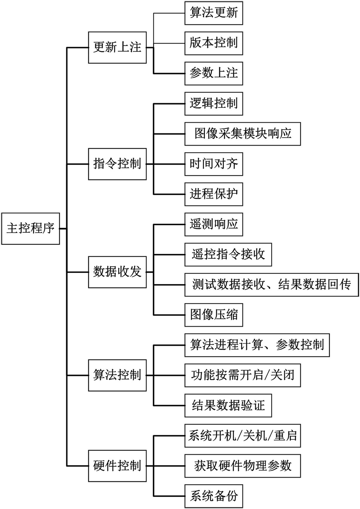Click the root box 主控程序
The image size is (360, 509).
point(30,229)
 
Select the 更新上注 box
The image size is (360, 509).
point(117,47)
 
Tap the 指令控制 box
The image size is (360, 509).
point(117,164)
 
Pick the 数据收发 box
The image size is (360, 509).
point(117,272)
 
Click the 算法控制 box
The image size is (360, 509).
point(117,375)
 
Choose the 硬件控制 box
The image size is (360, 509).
point(117,466)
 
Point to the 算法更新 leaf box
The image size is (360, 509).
point(213,13)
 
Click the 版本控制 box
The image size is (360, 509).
point(213,43)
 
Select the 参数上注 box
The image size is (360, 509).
point(213,73)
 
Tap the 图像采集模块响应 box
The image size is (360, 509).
point(242,134)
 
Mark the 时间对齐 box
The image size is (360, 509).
point(213,164)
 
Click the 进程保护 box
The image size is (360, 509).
point(213,194)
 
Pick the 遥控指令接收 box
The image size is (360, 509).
point(228,255)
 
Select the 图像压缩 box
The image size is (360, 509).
point(213,315)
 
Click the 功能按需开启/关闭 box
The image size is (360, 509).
point(242,375)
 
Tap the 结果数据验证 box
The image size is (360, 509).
point(228,406)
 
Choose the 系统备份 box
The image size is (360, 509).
point(213,496)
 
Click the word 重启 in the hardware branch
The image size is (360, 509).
point(285,436)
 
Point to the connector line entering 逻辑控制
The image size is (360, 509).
point(169,104)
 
